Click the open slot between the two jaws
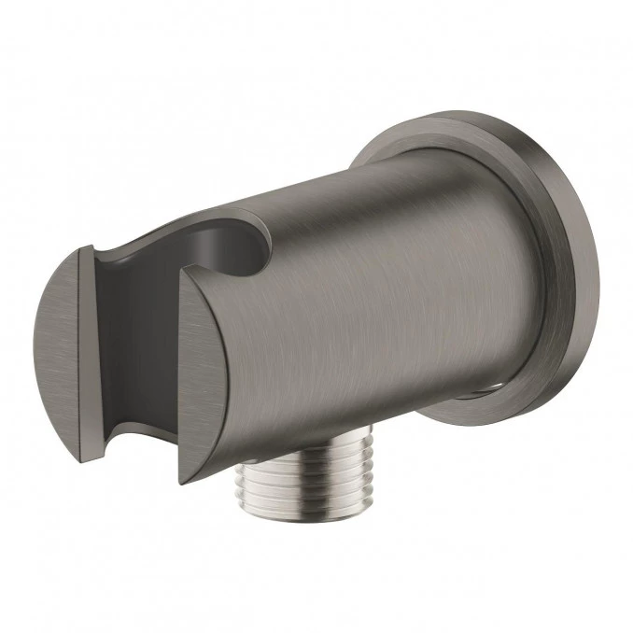[x=140, y=336]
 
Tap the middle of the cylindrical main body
[x=373, y=308]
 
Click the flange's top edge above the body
[x=439, y=126]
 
